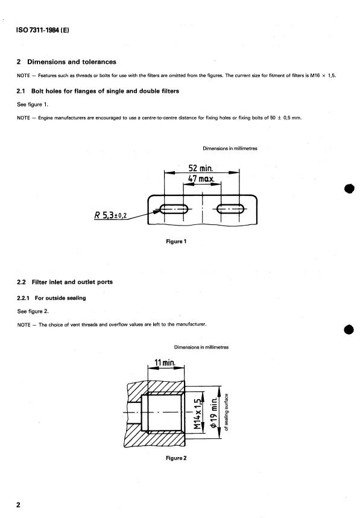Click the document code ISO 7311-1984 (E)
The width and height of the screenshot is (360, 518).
click(x=43, y=30)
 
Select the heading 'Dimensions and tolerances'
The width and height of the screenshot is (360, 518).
click(x=72, y=62)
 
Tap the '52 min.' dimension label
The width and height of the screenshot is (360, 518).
click(x=201, y=168)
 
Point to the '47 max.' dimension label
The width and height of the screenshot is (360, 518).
click(x=201, y=178)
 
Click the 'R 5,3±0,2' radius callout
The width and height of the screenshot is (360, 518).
click(x=110, y=215)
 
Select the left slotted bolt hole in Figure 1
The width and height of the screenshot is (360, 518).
click(x=174, y=209)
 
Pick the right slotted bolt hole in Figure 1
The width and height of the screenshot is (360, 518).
click(x=230, y=209)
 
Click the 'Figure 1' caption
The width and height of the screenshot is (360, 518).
click(x=176, y=241)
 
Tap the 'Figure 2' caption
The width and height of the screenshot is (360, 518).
click(x=176, y=458)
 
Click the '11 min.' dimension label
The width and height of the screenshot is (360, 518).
click(x=165, y=363)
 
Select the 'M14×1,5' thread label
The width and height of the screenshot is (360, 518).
click(x=197, y=414)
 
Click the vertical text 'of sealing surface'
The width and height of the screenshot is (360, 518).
click(x=226, y=412)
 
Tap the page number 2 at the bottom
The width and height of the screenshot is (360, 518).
click(x=18, y=505)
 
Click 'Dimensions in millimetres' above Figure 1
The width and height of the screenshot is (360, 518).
click(x=230, y=149)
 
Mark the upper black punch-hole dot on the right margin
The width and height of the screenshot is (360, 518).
click(x=349, y=189)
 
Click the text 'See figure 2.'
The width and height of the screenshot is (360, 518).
click(x=33, y=311)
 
